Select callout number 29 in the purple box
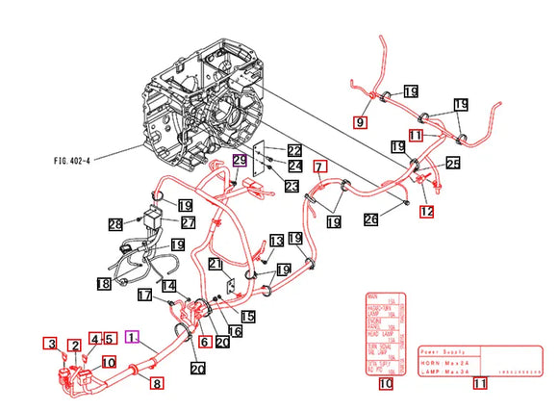coord(239,161)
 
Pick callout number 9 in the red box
coord(361,122)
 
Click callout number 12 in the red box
coord(426,211)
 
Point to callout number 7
coord(320,167)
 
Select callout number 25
coord(453,165)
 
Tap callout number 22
coord(293,150)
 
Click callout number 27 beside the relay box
coord(188,222)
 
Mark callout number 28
coord(115,223)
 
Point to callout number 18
coord(104,283)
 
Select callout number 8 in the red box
coord(156,383)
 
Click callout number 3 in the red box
coord(49,344)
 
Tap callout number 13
coord(277,240)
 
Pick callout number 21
coord(216,265)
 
